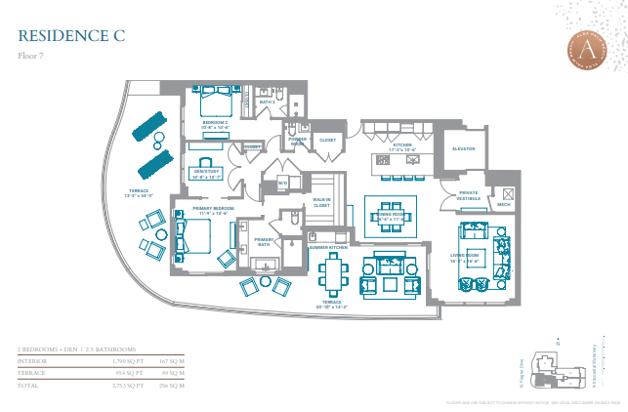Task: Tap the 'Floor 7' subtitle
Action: coord(32,56)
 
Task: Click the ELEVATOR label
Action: coord(464,149)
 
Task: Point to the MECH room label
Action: coord(503,205)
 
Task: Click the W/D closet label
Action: coord(282,183)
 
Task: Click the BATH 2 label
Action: coord(268,102)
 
